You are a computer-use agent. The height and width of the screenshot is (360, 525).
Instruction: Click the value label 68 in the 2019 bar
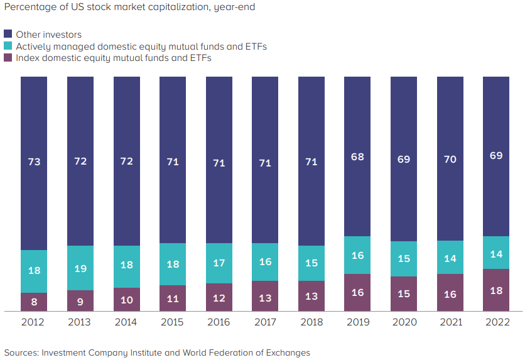click(357, 156)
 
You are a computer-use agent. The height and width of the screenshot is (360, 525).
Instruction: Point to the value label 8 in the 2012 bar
click(34, 302)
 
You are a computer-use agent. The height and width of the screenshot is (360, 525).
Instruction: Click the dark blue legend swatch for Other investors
click(8, 34)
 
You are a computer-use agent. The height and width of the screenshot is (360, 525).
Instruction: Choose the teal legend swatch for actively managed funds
click(8, 46)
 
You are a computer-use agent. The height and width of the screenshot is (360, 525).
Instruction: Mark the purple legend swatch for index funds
click(8, 58)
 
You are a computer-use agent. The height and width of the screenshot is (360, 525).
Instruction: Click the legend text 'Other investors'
click(49, 35)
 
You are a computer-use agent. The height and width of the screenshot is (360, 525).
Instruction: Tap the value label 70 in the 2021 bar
click(450, 159)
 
